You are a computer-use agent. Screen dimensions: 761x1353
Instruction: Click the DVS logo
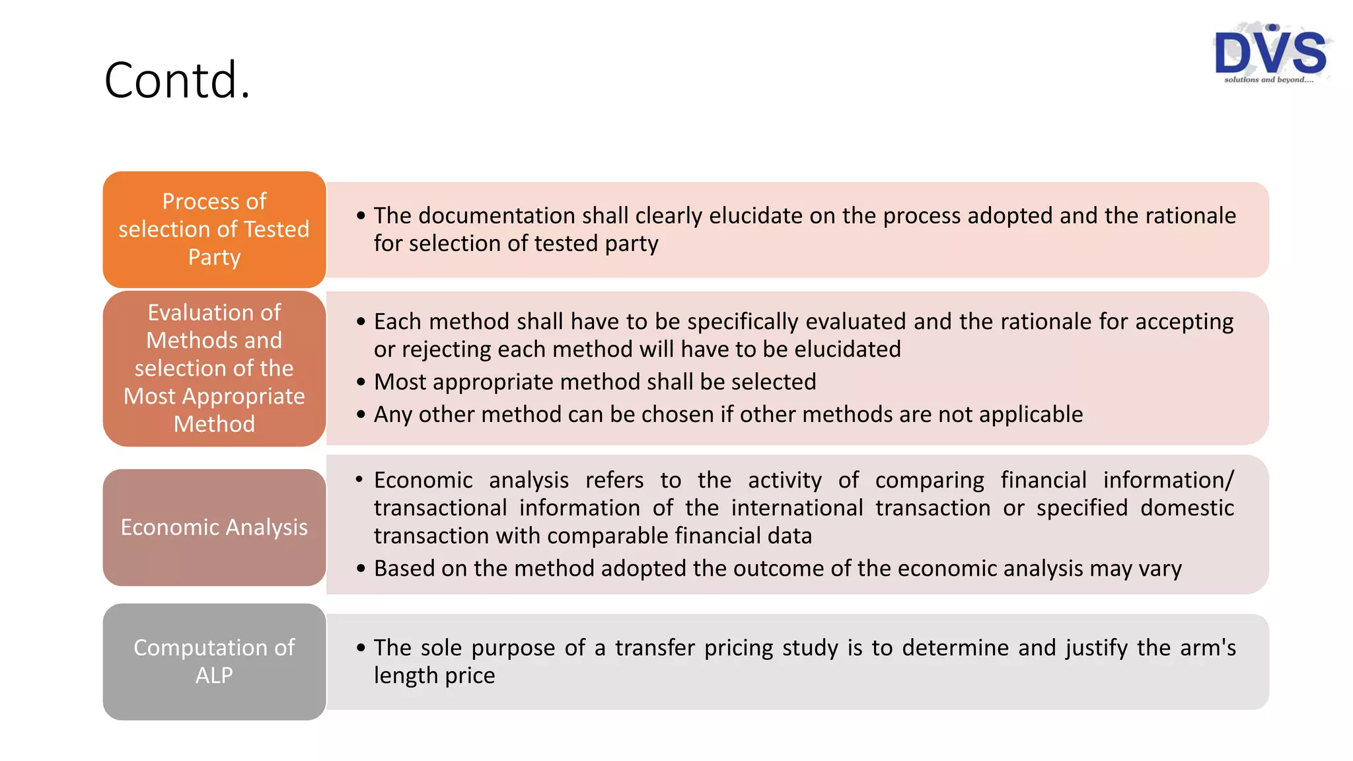point(1270,52)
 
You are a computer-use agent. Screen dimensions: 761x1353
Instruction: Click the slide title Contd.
point(177,80)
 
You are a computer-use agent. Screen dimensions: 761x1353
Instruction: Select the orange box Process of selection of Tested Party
point(214,229)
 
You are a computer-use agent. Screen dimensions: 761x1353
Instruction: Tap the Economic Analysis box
point(214,527)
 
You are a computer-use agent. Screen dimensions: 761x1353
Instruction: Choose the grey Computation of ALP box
point(214,661)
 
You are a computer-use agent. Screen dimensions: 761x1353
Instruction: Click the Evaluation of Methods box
point(214,368)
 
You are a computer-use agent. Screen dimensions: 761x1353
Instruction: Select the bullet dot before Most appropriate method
point(361,382)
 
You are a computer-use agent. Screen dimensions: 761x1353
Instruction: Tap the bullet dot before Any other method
point(361,415)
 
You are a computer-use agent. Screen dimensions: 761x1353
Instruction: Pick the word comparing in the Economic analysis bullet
point(930,480)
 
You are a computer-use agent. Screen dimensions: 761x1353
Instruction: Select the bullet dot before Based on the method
point(361,569)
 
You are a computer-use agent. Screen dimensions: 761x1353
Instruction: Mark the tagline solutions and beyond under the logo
point(1268,80)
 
